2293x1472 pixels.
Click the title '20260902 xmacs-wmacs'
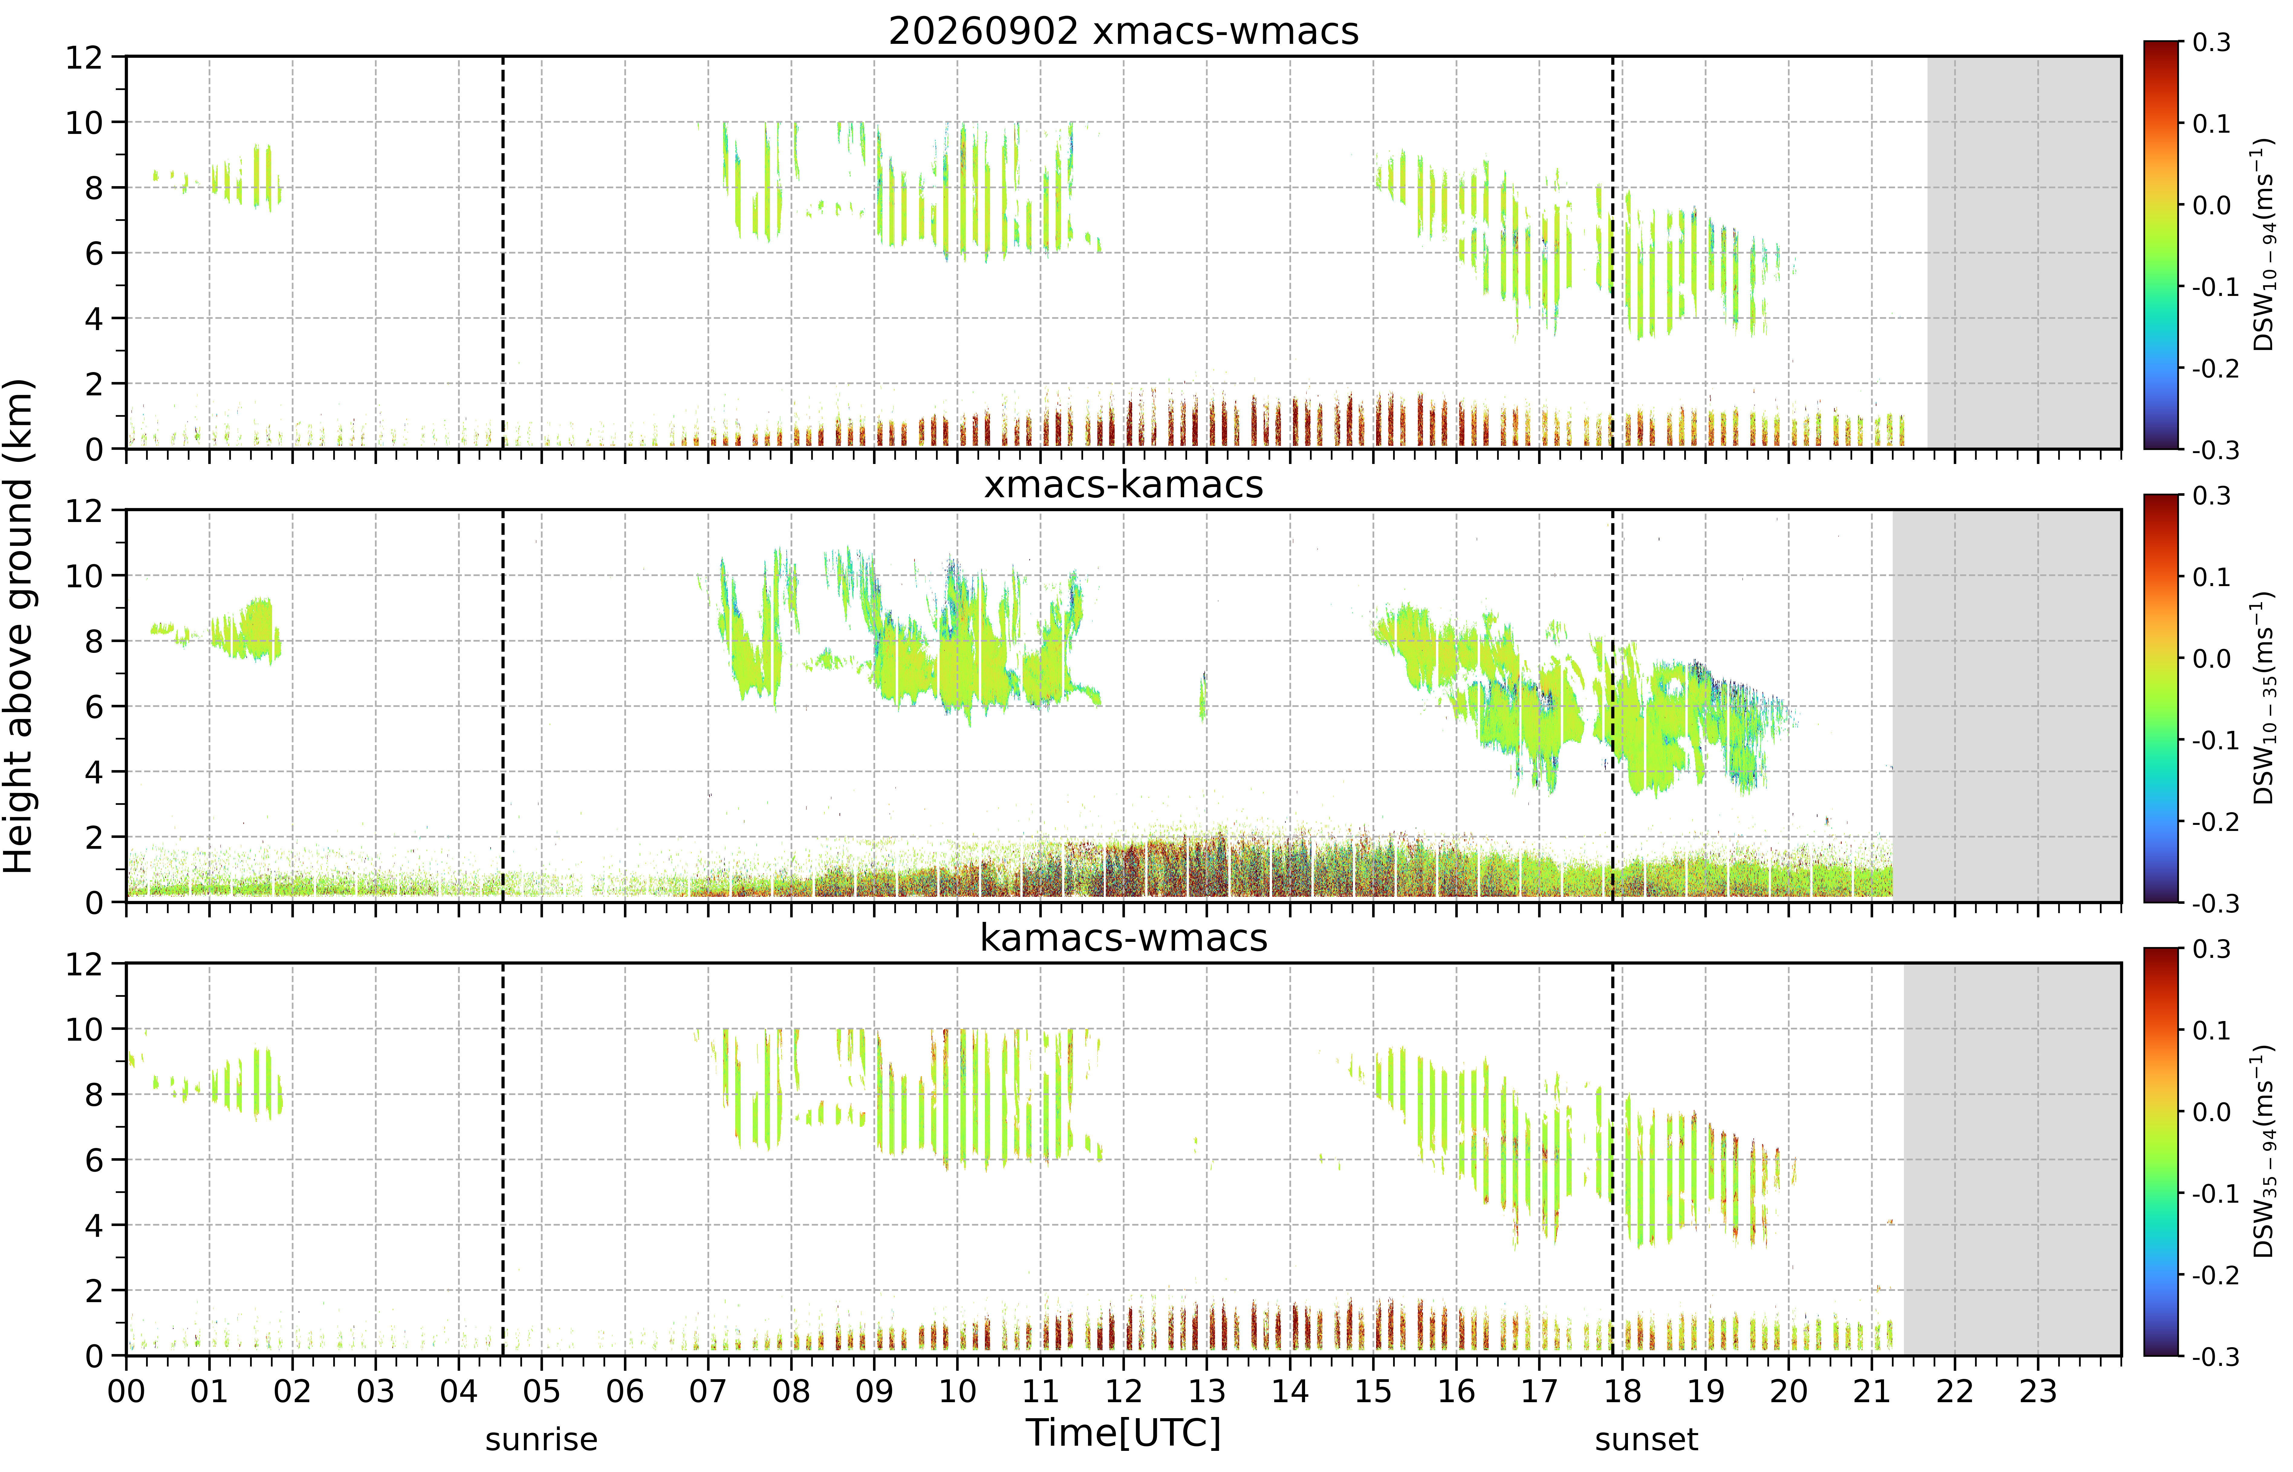[1123, 31]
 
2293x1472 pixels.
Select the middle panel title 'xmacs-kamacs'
[1123, 485]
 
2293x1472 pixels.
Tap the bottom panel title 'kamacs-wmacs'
[1123, 938]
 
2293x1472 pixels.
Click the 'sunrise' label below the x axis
[541, 1439]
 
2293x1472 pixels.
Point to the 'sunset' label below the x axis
[1646, 1439]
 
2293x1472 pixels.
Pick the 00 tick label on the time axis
[126, 1391]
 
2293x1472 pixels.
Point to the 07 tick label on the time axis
[707, 1391]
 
